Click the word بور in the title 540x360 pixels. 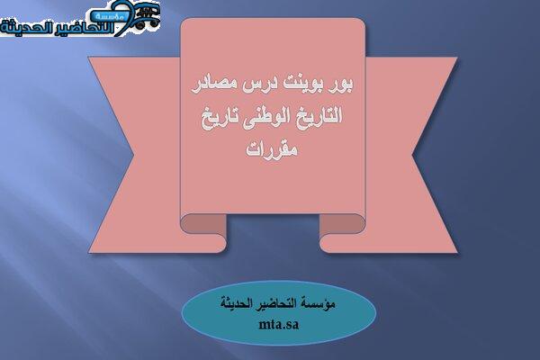pyautogui.click(x=342, y=85)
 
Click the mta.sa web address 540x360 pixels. pyautogui.click(x=279, y=325)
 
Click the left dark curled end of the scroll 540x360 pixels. pyautogui.click(x=203, y=223)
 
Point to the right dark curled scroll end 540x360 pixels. pyautogui.click(x=342, y=223)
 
